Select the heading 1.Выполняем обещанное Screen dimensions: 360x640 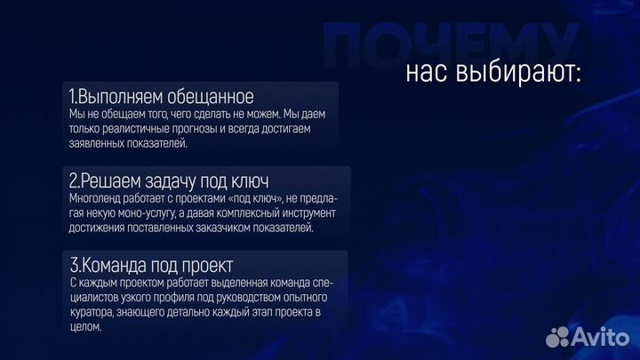(x=160, y=96)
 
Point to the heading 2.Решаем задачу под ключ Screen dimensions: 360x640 (x=168, y=180)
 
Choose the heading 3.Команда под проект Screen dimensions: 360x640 (x=150, y=264)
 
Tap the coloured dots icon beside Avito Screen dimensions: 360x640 (x=558, y=337)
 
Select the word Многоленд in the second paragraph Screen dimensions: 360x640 (x=97, y=198)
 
